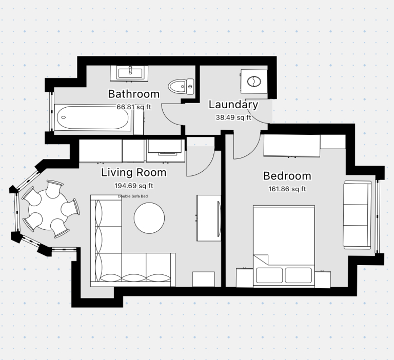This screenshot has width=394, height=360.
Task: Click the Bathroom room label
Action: [x=134, y=94]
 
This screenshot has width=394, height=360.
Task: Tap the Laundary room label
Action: [x=233, y=105]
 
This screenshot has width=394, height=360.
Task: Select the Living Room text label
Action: [x=134, y=173]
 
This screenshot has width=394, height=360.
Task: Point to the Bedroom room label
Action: [x=287, y=176]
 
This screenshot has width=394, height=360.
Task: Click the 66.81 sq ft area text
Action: [x=134, y=107]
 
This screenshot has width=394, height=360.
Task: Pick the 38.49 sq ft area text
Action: [x=233, y=117]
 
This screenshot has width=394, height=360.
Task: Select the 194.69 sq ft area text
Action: [x=134, y=186]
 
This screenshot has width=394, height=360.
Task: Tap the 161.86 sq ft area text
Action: [x=287, y=189]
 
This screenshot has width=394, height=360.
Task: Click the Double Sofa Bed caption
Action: [x=133, y=196]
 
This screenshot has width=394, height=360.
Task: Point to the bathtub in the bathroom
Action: [x=93, y=117]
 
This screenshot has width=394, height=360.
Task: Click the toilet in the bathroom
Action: [x=181, y=87]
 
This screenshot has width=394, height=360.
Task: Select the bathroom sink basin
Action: [x=129, y=73]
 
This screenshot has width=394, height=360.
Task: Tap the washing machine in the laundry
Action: [x=254, y=82]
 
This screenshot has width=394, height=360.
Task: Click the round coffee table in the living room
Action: [x=149, y=218]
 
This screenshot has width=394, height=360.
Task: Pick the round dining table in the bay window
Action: [x=48, y=210]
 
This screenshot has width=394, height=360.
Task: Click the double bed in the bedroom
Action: [x=284, y=246]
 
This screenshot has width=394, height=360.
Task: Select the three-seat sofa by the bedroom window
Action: [x=357, y=215]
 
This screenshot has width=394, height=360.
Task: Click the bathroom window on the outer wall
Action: [x=51, y=112]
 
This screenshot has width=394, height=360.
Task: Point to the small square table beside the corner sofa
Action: [x=204, y=279]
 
